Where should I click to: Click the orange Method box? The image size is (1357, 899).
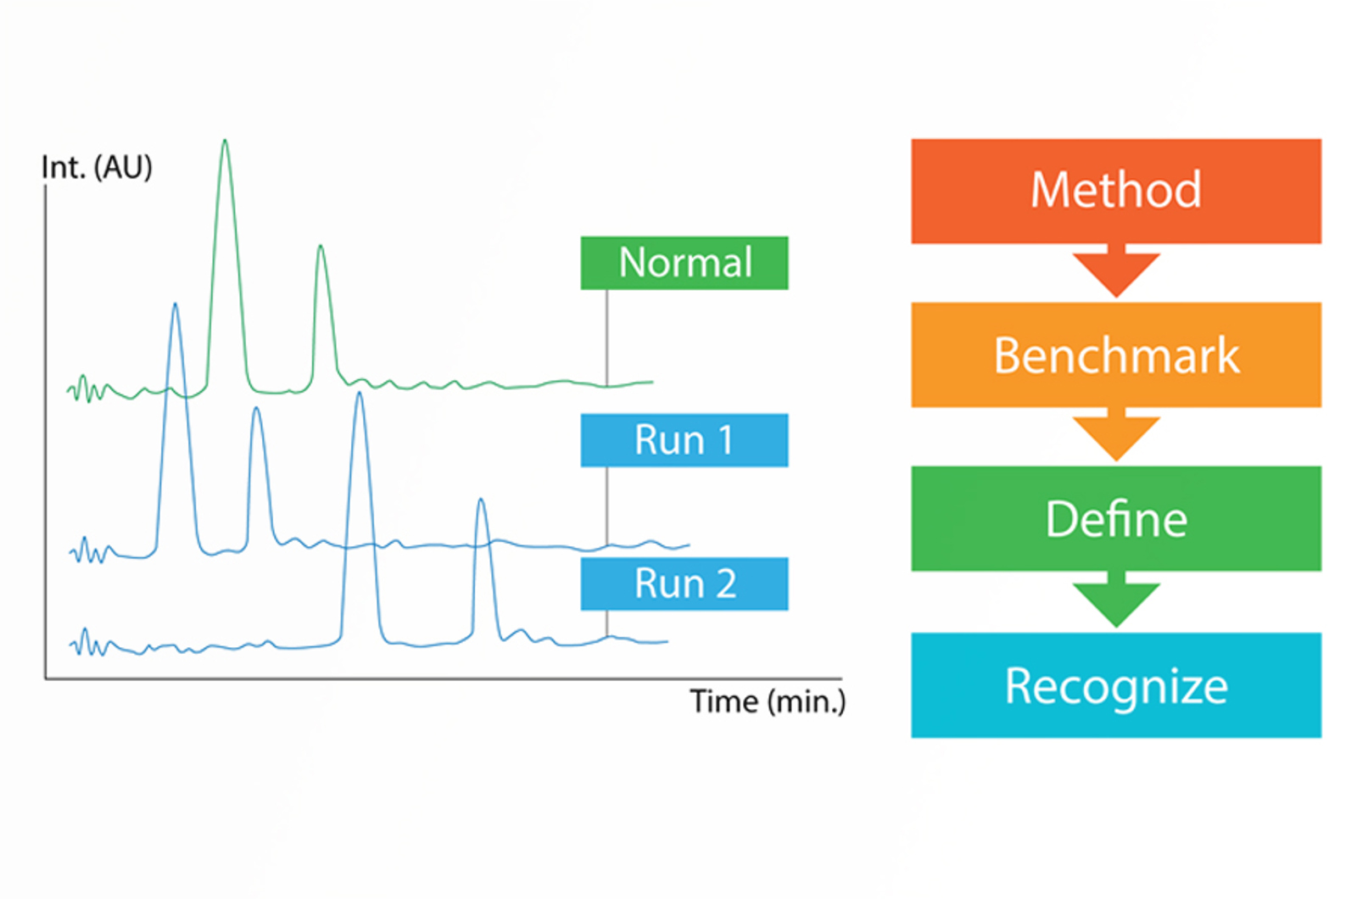[x=1116, y=191]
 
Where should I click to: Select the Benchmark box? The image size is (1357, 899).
[x=1116, y=355]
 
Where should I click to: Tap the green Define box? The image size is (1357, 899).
[x=1116, y=518]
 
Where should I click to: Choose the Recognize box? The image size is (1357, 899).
[x=1116, y=685]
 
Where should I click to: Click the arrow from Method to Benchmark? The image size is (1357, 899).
[x=1116, y=271]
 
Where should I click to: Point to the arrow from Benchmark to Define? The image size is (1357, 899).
[x=1116, y=434]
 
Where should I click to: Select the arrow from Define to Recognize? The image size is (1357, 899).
[x=1116, y=599]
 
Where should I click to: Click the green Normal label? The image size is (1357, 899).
[x=684, y=263]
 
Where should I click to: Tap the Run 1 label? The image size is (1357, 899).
[x=684, y=440]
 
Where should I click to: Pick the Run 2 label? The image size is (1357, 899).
[x=684, y=584]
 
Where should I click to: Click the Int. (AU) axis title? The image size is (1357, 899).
[x=97, y=167]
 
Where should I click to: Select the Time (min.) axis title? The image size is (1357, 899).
[x=768, y=702]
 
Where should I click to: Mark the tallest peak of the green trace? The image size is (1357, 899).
[x=226, y=141]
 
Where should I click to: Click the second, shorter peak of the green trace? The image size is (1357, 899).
[x=321, y=246]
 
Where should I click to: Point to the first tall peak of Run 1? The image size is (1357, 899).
[x=175, y=304]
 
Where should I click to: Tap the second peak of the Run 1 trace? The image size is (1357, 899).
[x=257, y=408]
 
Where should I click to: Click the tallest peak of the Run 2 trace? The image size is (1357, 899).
[x=360, y=394]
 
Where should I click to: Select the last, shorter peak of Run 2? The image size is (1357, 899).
[x=481, y=500]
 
